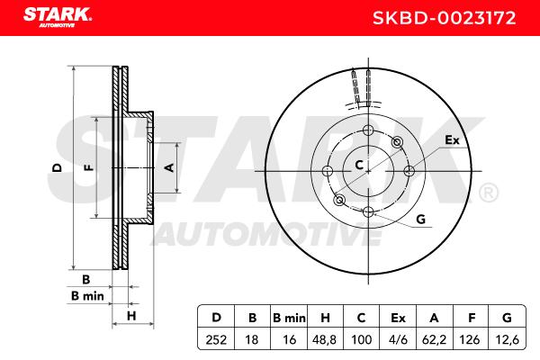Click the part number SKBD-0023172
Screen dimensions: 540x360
[x=444, y=18]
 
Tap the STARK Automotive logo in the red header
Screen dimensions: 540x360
[x=58, y=17]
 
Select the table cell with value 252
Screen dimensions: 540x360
[x=216, y=339]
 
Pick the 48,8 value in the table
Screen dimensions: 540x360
[x=324, y=339]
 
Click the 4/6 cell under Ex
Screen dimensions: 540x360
[x=398, y=339]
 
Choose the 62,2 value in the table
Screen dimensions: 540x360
[x=434, y=339]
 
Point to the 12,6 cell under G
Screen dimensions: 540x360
[x=507, y=339]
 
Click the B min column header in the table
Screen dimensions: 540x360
[x=289, y=318]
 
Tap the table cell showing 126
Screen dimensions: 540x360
[x=470, y=339]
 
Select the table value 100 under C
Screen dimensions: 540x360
[x=361, y=339]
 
